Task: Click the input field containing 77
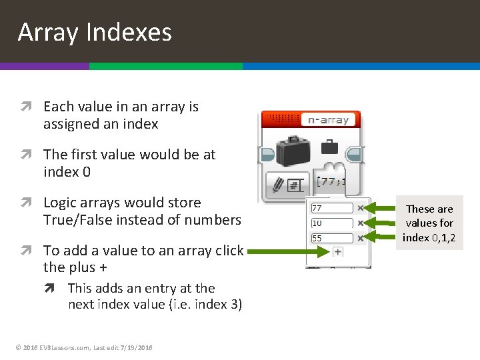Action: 331,208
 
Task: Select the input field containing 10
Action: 331,223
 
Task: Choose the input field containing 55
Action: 331,238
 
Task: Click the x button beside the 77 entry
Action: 361,208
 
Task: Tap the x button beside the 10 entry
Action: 361,223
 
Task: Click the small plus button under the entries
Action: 338,251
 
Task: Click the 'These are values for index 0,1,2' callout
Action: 429,223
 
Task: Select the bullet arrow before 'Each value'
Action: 30,107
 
